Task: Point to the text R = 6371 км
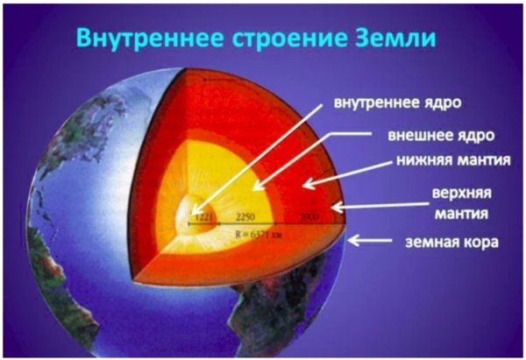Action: click(x=262, y=234)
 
